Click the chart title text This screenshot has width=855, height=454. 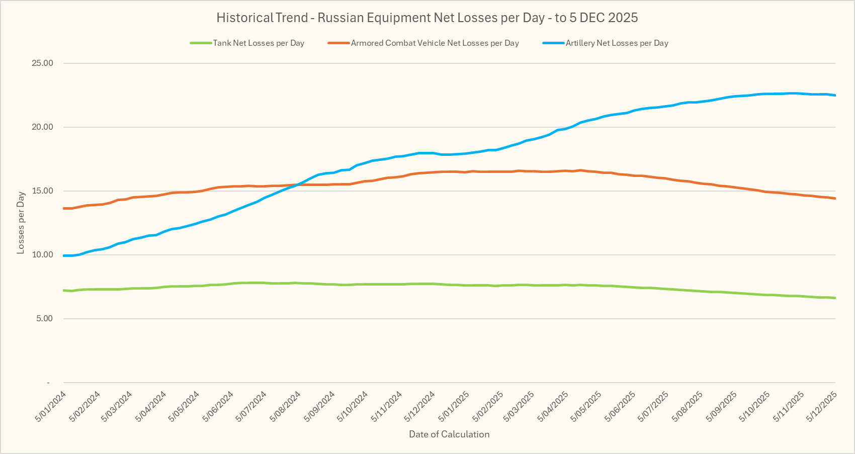(427, 18)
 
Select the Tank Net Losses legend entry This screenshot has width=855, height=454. (259, 43)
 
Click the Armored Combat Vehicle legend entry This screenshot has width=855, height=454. (435, 43)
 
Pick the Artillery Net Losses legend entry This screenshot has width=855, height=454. (617, 43)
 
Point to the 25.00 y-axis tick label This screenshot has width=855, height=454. (43, 63)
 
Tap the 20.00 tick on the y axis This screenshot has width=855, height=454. (43, 127)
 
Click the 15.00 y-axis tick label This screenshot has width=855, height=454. (43, 191)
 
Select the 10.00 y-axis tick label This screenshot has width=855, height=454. (43, 255)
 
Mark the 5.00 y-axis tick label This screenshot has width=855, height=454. (44, 319)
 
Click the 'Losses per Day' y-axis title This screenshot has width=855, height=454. (21, 223)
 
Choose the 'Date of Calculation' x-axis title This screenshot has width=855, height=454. (449, 434)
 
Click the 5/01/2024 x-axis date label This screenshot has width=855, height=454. (51, 407)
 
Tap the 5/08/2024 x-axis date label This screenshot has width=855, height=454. (286, 407)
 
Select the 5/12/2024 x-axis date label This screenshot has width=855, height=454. (420, 407)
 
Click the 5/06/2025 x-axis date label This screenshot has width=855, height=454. (622, 407)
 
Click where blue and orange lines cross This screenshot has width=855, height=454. (297, 185)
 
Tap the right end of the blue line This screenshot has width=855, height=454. (835, 95)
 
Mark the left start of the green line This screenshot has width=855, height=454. (64, 290)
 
